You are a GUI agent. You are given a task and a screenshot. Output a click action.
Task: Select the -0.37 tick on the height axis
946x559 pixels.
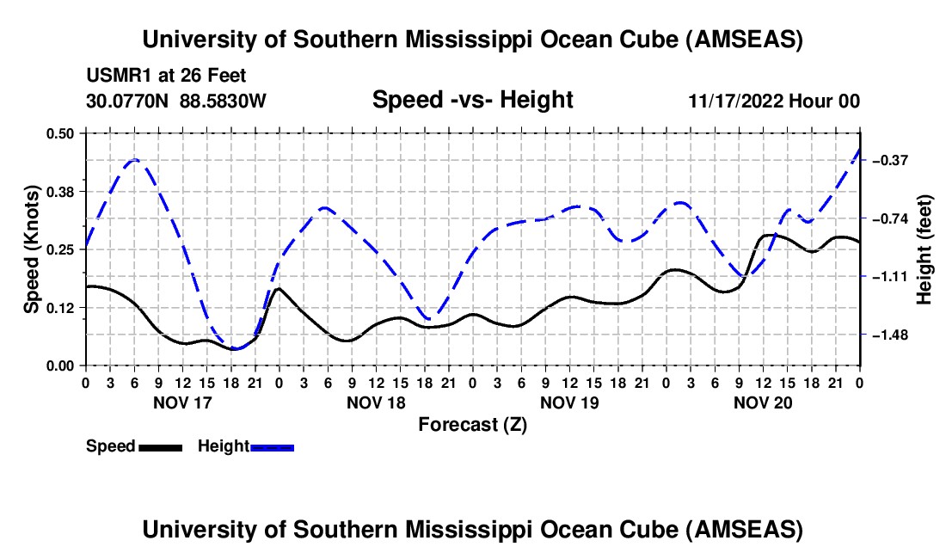(889, 161)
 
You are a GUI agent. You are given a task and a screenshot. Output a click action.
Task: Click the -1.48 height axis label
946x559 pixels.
(889, 335)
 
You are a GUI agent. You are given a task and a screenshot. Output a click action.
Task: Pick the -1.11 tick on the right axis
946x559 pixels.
(889, 277)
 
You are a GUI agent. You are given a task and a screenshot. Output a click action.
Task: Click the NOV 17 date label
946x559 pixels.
(182, 402)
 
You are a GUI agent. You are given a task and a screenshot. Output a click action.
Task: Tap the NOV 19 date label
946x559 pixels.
(569, 402)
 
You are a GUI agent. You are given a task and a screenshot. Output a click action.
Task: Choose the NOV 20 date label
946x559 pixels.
(763, 402)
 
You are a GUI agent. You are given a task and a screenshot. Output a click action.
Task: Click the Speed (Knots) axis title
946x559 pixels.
(32, 249)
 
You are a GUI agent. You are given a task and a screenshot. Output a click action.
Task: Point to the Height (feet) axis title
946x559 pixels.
(924, 249)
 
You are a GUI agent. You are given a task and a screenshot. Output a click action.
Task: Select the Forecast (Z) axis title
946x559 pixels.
(472, 424)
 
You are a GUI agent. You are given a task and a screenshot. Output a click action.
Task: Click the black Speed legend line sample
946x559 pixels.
(161, 446)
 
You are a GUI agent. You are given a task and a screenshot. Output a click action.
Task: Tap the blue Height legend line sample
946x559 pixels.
(273, 446)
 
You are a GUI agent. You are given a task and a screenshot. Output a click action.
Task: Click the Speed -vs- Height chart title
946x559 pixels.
(472, 100)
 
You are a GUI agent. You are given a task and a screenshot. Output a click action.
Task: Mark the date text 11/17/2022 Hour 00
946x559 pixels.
(774, 101)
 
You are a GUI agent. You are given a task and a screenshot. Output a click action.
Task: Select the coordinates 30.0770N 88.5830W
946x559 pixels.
(176, 101)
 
